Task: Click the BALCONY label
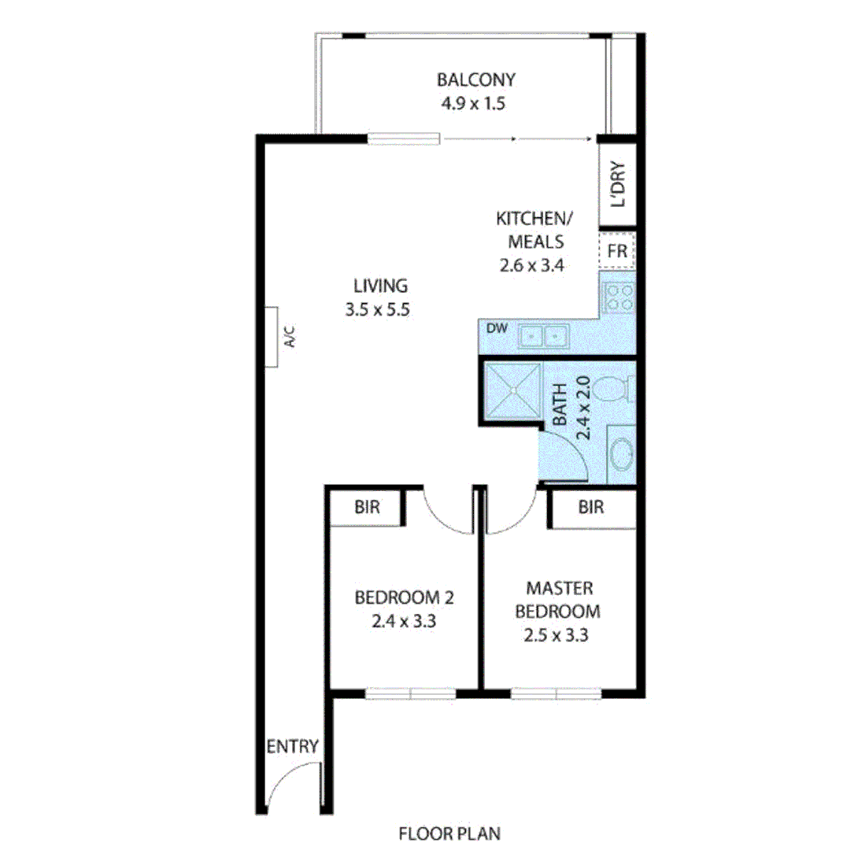pos(475,79)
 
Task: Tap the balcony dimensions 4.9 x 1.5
pos(475,103)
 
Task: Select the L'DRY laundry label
pos(618,185)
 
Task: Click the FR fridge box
pos(617,252)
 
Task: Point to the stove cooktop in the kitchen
pos(618,297)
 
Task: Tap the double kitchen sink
pos(543,337)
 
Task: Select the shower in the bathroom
pos(512,390)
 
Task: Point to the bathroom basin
pos(621,456)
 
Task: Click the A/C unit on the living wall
pos(272,338)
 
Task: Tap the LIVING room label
pos(379,286)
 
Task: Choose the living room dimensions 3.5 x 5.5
pos(378,310)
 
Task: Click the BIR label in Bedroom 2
pos(367,508)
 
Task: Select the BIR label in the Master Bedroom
pos(591,508)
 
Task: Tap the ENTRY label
pos(293,746)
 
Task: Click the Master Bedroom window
pos(557,693)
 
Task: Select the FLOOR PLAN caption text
pos(449,833)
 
